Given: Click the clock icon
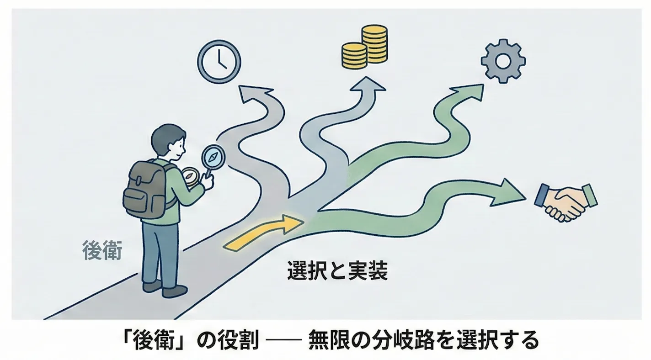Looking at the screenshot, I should point(219,62).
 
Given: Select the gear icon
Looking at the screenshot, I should point(503,61).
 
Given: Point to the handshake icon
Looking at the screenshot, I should point(565,201).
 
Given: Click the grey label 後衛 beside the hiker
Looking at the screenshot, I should point(101,250).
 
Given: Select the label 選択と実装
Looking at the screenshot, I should point(337,270).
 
